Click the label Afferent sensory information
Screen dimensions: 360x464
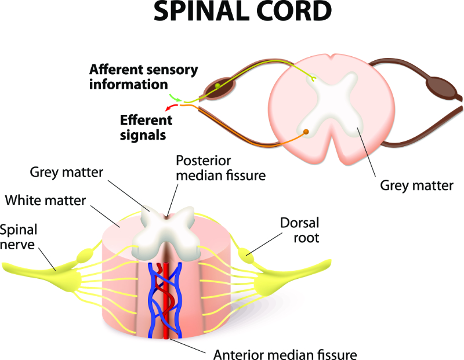143,77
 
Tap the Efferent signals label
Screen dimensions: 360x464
146,128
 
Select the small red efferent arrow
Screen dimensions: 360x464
170,108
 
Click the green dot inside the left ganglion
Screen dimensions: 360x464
217,86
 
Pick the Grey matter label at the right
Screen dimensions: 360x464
416,186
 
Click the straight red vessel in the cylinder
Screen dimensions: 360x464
165,301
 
